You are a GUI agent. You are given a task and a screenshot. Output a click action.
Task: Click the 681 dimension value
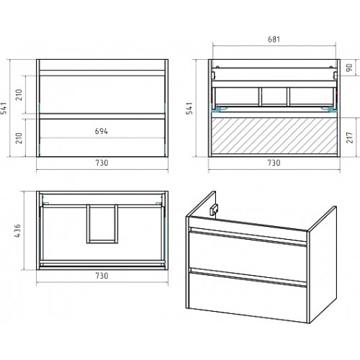(274, 39)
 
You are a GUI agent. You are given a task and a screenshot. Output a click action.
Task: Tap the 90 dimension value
(350, 68)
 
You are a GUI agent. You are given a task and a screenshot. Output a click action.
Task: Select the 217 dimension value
(350, 138)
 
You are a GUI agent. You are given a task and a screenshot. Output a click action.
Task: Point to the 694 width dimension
(102, 131)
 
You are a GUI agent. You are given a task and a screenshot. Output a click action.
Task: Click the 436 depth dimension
(17, 230)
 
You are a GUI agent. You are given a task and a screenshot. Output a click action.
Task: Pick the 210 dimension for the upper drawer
(19, 94)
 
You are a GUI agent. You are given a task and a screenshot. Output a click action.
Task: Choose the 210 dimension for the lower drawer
(19, 138)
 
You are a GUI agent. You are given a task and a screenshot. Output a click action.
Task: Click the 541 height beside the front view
(4, 108)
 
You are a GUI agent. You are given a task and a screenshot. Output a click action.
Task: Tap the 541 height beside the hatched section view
(189, 108)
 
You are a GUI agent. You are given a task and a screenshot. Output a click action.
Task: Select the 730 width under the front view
(102, 163)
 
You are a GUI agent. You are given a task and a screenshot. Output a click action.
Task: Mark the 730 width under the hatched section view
(274, 163)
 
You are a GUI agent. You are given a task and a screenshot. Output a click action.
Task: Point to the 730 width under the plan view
(102, 276)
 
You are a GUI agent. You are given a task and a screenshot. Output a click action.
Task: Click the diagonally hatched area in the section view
(274, 136)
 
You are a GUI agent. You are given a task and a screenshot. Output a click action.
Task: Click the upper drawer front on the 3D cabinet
(248, 253)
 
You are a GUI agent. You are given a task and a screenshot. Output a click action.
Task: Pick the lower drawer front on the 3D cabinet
(248, 297)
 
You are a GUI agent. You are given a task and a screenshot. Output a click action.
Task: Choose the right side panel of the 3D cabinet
(323, 264)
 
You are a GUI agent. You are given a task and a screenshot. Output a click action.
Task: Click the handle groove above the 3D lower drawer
(248, 277)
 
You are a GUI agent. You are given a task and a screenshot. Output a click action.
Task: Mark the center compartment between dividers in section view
(274, 96)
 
